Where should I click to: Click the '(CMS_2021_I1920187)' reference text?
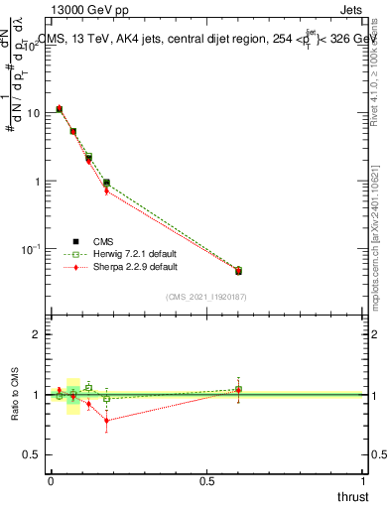pos(205,297)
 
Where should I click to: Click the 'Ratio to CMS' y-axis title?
pos(16,394)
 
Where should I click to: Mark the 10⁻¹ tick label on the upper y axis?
pos(29,249)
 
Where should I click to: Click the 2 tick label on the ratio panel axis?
pos(36,334)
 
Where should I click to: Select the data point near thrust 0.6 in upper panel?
pos(238,270)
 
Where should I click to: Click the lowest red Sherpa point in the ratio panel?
pos(106,421)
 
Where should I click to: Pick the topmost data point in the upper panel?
pos(60,109)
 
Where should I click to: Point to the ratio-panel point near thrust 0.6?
pos(238,389)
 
